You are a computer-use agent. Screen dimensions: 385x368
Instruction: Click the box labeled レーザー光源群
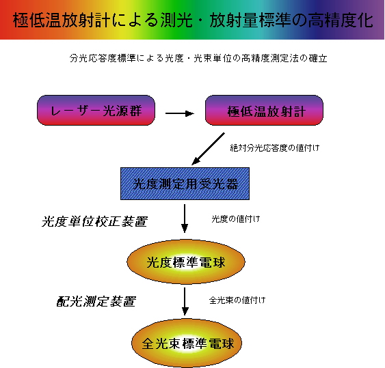tap(96, 111)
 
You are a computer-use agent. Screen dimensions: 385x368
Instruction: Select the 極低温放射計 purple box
tap(264, 111)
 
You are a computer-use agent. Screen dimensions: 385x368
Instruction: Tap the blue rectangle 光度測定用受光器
tap(185, 184)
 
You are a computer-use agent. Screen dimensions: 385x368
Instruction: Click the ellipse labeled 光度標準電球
tap(186, 262)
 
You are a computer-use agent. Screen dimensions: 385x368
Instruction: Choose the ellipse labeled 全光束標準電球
tap(187, 343)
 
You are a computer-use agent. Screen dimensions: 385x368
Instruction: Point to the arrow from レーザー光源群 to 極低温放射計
tap(180, 113)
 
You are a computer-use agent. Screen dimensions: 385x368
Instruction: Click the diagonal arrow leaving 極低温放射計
tap(208, 149)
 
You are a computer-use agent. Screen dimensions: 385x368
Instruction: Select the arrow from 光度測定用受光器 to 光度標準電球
tap(185, 218)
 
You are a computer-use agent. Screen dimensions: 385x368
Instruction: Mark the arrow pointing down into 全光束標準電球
tap(185, 301)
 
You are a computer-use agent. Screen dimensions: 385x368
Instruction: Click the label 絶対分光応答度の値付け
tap(275, 148)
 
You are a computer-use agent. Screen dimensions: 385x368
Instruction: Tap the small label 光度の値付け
tap(236, 218)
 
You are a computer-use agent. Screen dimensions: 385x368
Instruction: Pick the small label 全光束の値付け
tap(237, 300)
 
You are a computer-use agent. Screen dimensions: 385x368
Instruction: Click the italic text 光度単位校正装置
tap(94, 222)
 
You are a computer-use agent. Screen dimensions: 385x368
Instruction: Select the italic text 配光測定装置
tap(96, 301)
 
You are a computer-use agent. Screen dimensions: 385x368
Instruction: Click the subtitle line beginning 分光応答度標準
tap(198, 58)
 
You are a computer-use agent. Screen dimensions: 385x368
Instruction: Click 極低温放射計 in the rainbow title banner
tap(62, 20)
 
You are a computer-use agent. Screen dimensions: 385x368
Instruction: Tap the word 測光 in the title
tap(177, 20)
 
